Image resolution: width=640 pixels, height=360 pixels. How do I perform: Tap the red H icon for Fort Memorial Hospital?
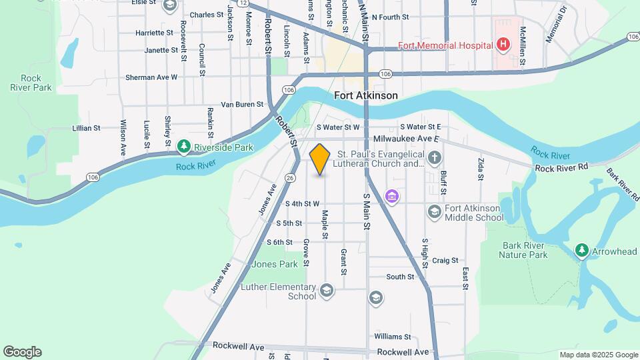pyautogui.click(x=503, y=45)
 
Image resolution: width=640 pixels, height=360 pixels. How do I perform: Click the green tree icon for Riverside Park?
pyautogui.click(x=184, y=145)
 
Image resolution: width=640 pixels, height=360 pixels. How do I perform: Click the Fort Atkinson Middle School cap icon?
pyautogui.click(x=435, y=211)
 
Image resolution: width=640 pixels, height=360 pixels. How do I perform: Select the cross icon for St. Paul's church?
pyautogui.click(x=435, y=158)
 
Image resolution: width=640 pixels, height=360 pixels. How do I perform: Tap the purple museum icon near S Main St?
pyautogui.click(x=391, y=197)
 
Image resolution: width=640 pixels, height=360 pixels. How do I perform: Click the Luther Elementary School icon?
pyautogui.click(x=327, y=290)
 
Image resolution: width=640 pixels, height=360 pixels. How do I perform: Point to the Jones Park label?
pyautogui.click(x=275, y=264)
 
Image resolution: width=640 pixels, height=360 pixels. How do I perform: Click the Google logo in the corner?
pyautogui.click(x=22, y=352)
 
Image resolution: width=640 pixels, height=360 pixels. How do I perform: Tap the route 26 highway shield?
pyautogui.click(x=289, y=177)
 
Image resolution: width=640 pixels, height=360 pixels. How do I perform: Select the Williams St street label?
pyautogui.click(x=392, y=337)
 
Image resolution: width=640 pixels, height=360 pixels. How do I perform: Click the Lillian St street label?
pyautogui.click(x=87, y=127)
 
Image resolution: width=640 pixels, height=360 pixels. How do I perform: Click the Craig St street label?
pyautogui.click(x=445, y=261)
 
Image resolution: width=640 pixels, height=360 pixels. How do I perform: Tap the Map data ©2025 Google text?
pyautogui.click(x=598, y=355)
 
